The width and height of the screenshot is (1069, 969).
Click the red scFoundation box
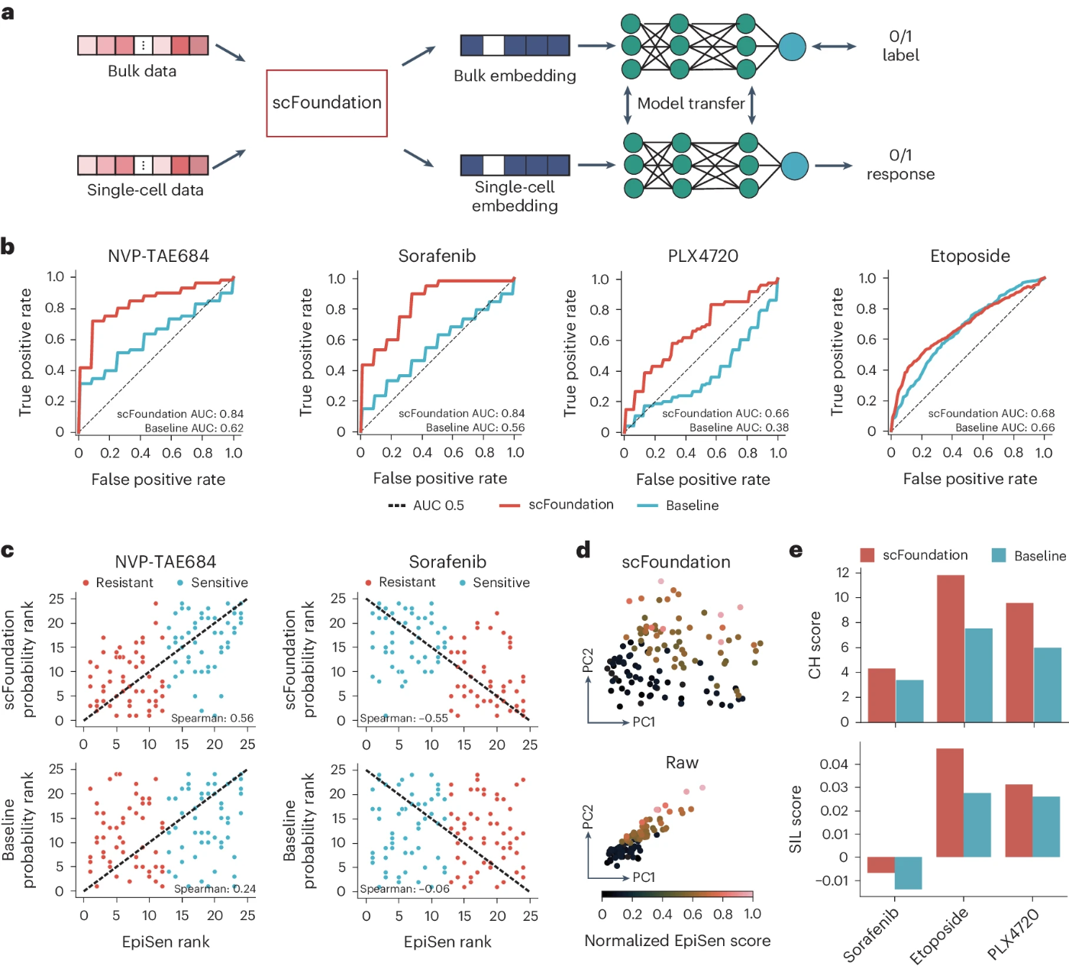coord(327,103)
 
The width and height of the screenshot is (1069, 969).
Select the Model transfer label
coord(690,103)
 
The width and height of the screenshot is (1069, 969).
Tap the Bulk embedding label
coord(515,76)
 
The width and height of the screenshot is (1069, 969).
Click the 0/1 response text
coord(900,165)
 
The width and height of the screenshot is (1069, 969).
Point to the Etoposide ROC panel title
coord(970,256)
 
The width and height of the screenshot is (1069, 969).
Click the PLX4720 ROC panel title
coord(702,256)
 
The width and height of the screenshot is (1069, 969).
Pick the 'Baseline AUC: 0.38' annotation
coord(738,428)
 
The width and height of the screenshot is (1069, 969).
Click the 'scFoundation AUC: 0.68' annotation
coord(991,413)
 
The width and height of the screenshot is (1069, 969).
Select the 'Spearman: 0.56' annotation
coord(212,718)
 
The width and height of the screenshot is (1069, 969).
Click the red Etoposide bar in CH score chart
coord(951,648)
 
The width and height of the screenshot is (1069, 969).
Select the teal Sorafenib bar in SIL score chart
coord(909,873)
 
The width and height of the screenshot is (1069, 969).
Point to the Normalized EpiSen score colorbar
coord(677,894)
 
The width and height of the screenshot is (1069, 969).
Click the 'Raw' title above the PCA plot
coord(682,763)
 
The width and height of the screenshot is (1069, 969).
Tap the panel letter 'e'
coord(796,550)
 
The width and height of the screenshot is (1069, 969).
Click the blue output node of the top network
coord(792,47)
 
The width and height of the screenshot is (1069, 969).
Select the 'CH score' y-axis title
coord(815,645)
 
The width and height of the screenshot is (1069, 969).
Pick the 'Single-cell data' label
coord(145,190)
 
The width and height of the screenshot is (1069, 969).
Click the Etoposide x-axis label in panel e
coord(939,935)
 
